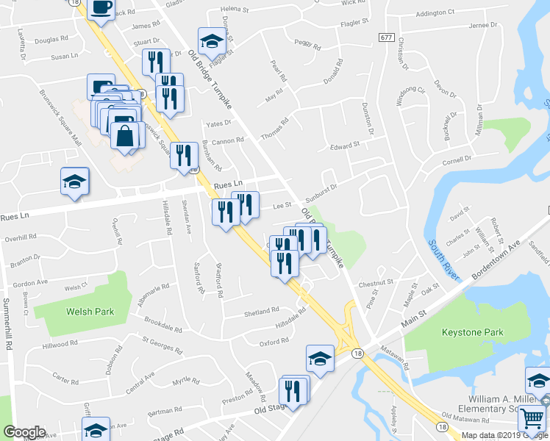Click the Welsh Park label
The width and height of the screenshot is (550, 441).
pyautogui.click(x=90, y=312)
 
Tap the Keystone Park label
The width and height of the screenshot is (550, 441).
pyautogui.click(x=473, y=332)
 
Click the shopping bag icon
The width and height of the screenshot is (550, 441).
pyautogui.click(x=125, y=135)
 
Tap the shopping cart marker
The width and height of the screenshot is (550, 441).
pyautogui.click(x=532, y=419)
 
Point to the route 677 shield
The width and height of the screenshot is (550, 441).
pyautogui.click(x=386, y=37)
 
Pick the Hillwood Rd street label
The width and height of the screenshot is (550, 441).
pyautogui.click(x=60, y=343)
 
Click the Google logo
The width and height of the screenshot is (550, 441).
pyautogui.click(x=24, y=432)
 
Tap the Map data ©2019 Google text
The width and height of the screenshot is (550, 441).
pyautogui.click(x=504, y=435)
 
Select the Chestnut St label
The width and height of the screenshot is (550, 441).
pyautogui.click(x=377, y=282)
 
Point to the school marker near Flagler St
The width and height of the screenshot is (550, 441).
pyautogui.click(x=211, y=41)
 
